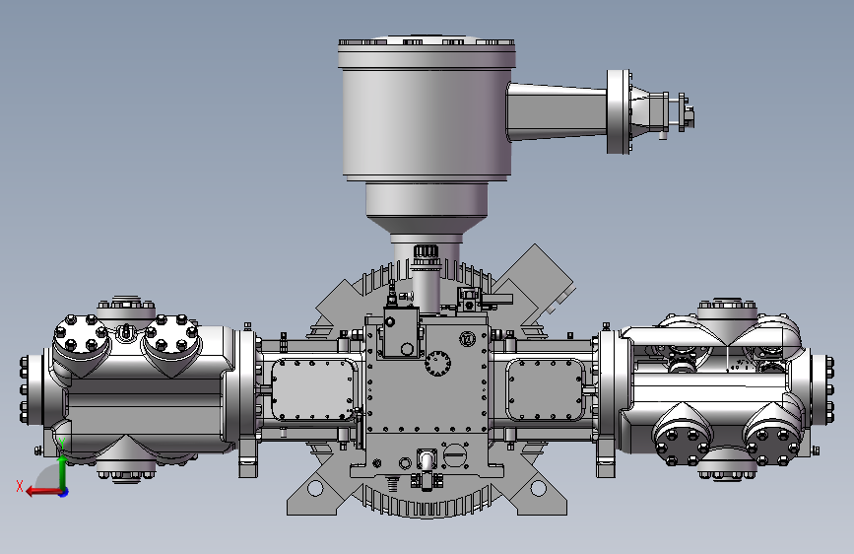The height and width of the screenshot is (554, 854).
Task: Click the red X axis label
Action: [x=20, y=486]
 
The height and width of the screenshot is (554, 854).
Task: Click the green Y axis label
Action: [x=62, y=444]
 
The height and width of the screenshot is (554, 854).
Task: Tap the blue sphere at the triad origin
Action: [x=64, y=492]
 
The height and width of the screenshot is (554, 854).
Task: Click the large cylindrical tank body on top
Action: [x=427, y=109]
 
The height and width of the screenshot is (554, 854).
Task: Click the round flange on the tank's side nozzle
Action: [x=619, y=111]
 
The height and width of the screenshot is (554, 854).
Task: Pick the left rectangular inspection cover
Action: [x=312, y=390]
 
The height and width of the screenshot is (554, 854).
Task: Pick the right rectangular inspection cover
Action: [x=545, y=390]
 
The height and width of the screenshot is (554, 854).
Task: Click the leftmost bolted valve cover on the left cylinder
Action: [x=81, y=334]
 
